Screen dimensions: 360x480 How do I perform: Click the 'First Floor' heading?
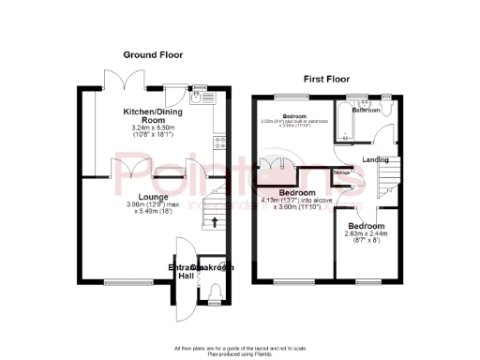coord(324,80)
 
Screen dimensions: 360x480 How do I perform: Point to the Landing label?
coord(376,159)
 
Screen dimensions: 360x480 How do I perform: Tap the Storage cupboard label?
coord(342,172)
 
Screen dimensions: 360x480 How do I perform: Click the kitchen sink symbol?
coord(199,94)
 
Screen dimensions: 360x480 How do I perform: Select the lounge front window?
coord(127,281)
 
